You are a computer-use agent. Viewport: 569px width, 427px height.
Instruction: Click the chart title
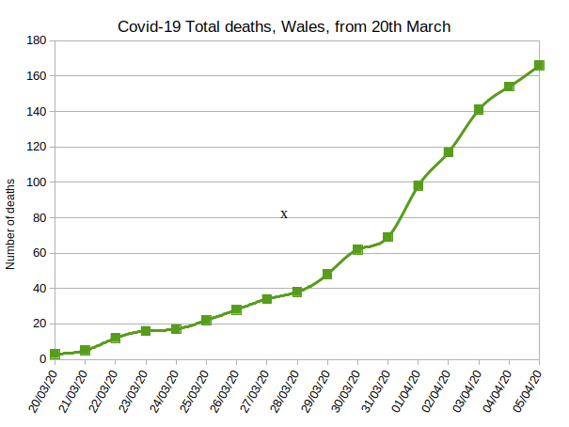pos(284,26)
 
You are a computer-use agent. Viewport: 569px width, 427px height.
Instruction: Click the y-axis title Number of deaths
pos(10,223)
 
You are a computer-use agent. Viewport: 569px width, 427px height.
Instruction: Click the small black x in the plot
pos(284,214)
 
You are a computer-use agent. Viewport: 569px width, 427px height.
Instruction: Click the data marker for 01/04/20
pos(419,185)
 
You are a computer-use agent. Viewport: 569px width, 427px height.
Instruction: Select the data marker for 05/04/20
pos(539,66)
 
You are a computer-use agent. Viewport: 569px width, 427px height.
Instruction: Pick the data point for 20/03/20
pos(55,354)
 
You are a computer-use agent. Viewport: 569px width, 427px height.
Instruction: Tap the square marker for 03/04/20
pos(479,110)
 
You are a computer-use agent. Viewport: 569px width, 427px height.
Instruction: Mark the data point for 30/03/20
pos(357,249)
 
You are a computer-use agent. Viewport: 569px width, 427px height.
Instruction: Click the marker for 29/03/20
pos(327,275)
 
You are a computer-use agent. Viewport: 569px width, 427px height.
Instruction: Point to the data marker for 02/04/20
pos(449,152)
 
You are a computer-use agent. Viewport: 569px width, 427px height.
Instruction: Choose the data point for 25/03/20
pos(206,320)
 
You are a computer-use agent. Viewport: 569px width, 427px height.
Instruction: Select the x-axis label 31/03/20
pos(373,394)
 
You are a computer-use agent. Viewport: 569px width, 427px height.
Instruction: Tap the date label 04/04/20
pos(495,394)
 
